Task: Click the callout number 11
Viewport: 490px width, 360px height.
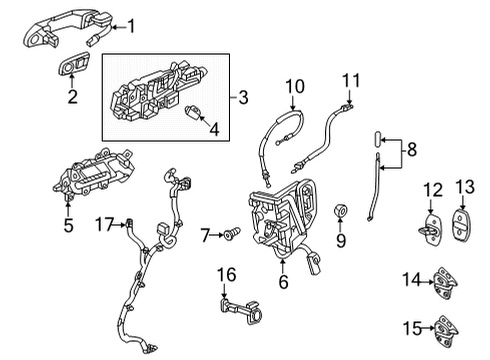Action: click(350, 78)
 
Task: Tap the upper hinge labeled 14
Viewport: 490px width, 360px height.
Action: click(445, 284)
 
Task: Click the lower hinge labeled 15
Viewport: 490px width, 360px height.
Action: click(445, 328)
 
